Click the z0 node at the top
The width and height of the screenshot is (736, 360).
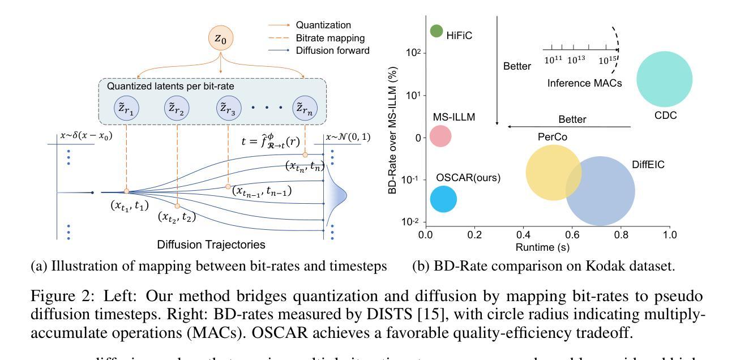(221, 38)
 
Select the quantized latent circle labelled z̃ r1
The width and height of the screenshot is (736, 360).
(126, 108)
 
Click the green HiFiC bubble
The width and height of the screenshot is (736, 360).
(436, 31)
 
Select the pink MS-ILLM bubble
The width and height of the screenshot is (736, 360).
(440, 135)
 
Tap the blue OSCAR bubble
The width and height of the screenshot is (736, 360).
(443, 199)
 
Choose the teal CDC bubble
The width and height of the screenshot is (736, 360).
(664, 79)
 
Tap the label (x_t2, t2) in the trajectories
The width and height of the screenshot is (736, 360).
(177, 216)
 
